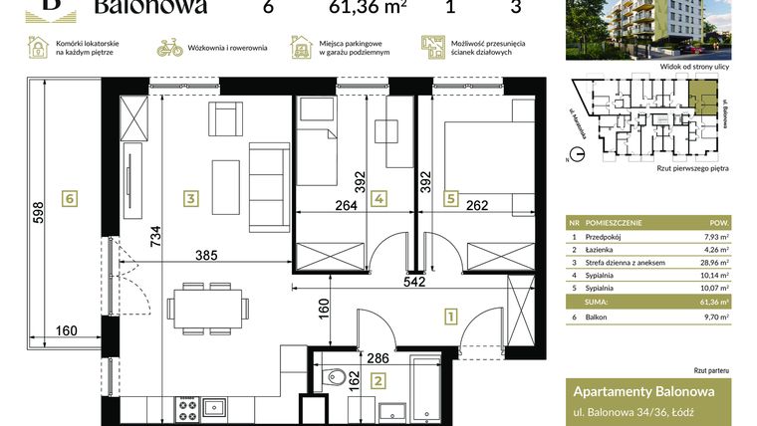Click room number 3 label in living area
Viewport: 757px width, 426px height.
click(190, 198)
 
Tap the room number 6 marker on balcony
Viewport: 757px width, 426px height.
click(69, 198)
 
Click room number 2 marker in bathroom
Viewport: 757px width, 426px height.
click(378, 379)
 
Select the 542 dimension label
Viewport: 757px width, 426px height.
click(414, 282)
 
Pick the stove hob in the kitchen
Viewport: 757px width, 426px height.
click(187, 407)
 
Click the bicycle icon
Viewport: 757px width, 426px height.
click(170, 47)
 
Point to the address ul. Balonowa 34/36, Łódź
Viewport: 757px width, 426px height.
click(633, 411)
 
